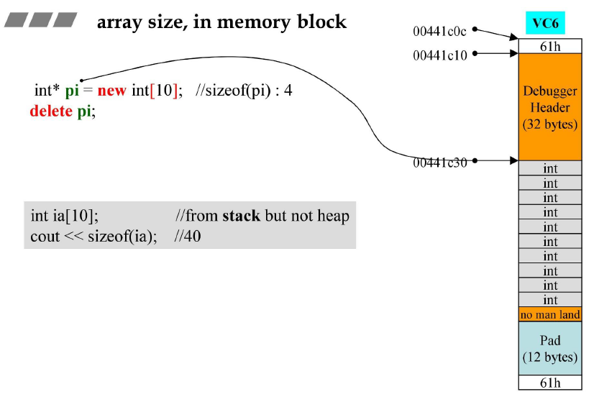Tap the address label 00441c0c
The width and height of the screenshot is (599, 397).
(x=439, y=31)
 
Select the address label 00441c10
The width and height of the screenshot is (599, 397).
(x=439, y=55)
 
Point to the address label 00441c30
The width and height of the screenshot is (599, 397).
(x=439, y=163)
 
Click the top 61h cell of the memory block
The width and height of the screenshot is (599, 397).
(x=550, y=46)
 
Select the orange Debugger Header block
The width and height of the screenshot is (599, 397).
(x=550, y=107)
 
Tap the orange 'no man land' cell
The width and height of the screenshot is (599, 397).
(x=550, y=314)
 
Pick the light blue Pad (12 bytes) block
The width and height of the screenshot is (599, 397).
(x=550, y=348)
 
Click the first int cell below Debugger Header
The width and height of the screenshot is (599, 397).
(x=550, y=168)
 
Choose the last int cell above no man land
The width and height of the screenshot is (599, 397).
(x=550, y=300)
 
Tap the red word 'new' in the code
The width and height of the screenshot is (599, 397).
(x=111, y=91)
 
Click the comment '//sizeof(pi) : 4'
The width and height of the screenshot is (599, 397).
(x=244, y=91)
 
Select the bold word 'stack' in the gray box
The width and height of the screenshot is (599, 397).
(x=241, y=216)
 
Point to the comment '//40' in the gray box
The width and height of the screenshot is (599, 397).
(x=188, y=236)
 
